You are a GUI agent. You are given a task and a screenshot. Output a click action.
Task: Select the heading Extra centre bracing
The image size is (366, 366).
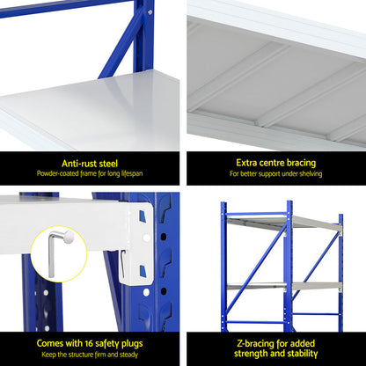click(274, 163)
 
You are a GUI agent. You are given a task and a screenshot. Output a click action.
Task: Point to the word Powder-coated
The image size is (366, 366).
click(61, 174)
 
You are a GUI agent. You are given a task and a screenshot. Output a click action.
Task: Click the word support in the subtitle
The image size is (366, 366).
click(267, 174)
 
